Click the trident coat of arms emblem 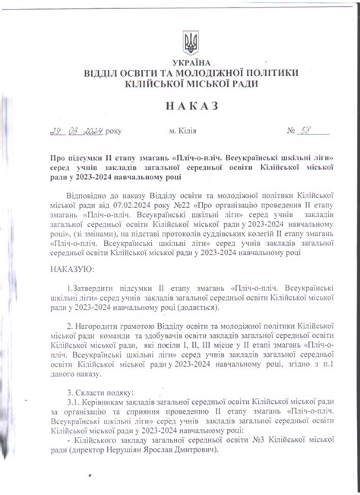click(x=191, y=43)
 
